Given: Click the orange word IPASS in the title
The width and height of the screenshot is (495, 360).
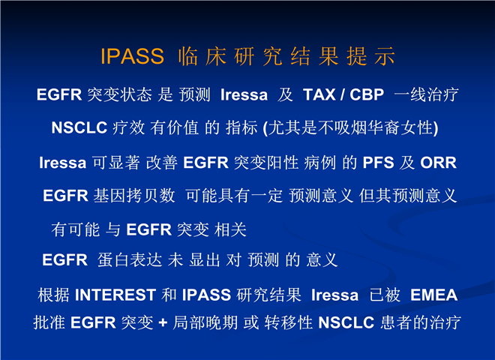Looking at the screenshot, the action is coord(132,56).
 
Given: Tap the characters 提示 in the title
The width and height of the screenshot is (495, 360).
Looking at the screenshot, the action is coord(370,56).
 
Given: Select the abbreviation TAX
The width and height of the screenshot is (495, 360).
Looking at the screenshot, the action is coord(319,94).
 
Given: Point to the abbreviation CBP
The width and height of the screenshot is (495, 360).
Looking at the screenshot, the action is coord(367,94).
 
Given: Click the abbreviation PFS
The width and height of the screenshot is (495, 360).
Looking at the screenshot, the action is coord(378,163).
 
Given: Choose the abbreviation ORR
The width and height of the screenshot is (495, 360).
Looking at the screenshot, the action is coord(438,163).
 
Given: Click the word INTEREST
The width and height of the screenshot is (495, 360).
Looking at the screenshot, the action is coord(115,295).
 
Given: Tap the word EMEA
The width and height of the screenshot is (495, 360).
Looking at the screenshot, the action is coord(433,295).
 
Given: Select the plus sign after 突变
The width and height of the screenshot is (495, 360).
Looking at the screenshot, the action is coord(163,322).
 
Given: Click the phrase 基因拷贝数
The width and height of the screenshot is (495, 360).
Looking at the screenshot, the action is coord(133,196).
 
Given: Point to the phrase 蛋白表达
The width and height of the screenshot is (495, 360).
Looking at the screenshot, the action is coord(130,260).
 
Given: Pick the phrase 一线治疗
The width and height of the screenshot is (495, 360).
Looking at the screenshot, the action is coord(426,94).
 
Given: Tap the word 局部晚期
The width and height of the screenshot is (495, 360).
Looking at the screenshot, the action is coord(205,322).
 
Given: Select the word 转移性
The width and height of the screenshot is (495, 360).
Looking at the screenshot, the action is coord(288,322).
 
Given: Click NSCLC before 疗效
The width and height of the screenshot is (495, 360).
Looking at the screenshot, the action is coord(79,127).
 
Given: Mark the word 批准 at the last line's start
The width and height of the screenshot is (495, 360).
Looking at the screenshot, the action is coord(49,322).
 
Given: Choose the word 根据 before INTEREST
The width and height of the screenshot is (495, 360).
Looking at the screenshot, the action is coord(54,295).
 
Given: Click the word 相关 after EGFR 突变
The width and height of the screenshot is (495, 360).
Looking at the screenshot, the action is coord(230,229).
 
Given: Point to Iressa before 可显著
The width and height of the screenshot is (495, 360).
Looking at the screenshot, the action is coord(62,163).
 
